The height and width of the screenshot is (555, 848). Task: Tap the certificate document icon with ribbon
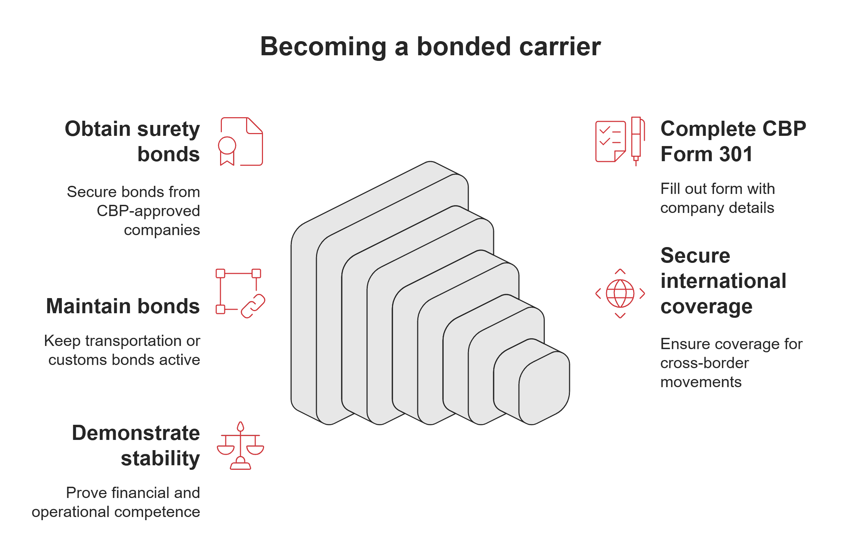tap(241, 141)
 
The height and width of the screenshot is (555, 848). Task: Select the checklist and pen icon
tap(619, 141)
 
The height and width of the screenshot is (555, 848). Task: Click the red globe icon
tap(620, 294)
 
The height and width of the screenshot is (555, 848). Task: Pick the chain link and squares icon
tap(240, 294)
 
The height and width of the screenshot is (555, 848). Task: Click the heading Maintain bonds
tap(123, 307)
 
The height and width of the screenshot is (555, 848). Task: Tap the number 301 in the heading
tap(736, 154)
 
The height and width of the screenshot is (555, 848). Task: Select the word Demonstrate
tap(136, 433)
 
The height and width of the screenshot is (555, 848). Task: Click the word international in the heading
tap(723, 281)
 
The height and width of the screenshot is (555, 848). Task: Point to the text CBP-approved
tap(148, 211)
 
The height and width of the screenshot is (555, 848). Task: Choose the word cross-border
tap(705, 363)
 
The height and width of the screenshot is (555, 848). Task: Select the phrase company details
tap(717, 208)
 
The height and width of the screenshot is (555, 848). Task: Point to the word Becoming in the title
tap(323, 47)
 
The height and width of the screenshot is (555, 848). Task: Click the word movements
tap(701, 382)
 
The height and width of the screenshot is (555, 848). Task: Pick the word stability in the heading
tap(160, 459)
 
